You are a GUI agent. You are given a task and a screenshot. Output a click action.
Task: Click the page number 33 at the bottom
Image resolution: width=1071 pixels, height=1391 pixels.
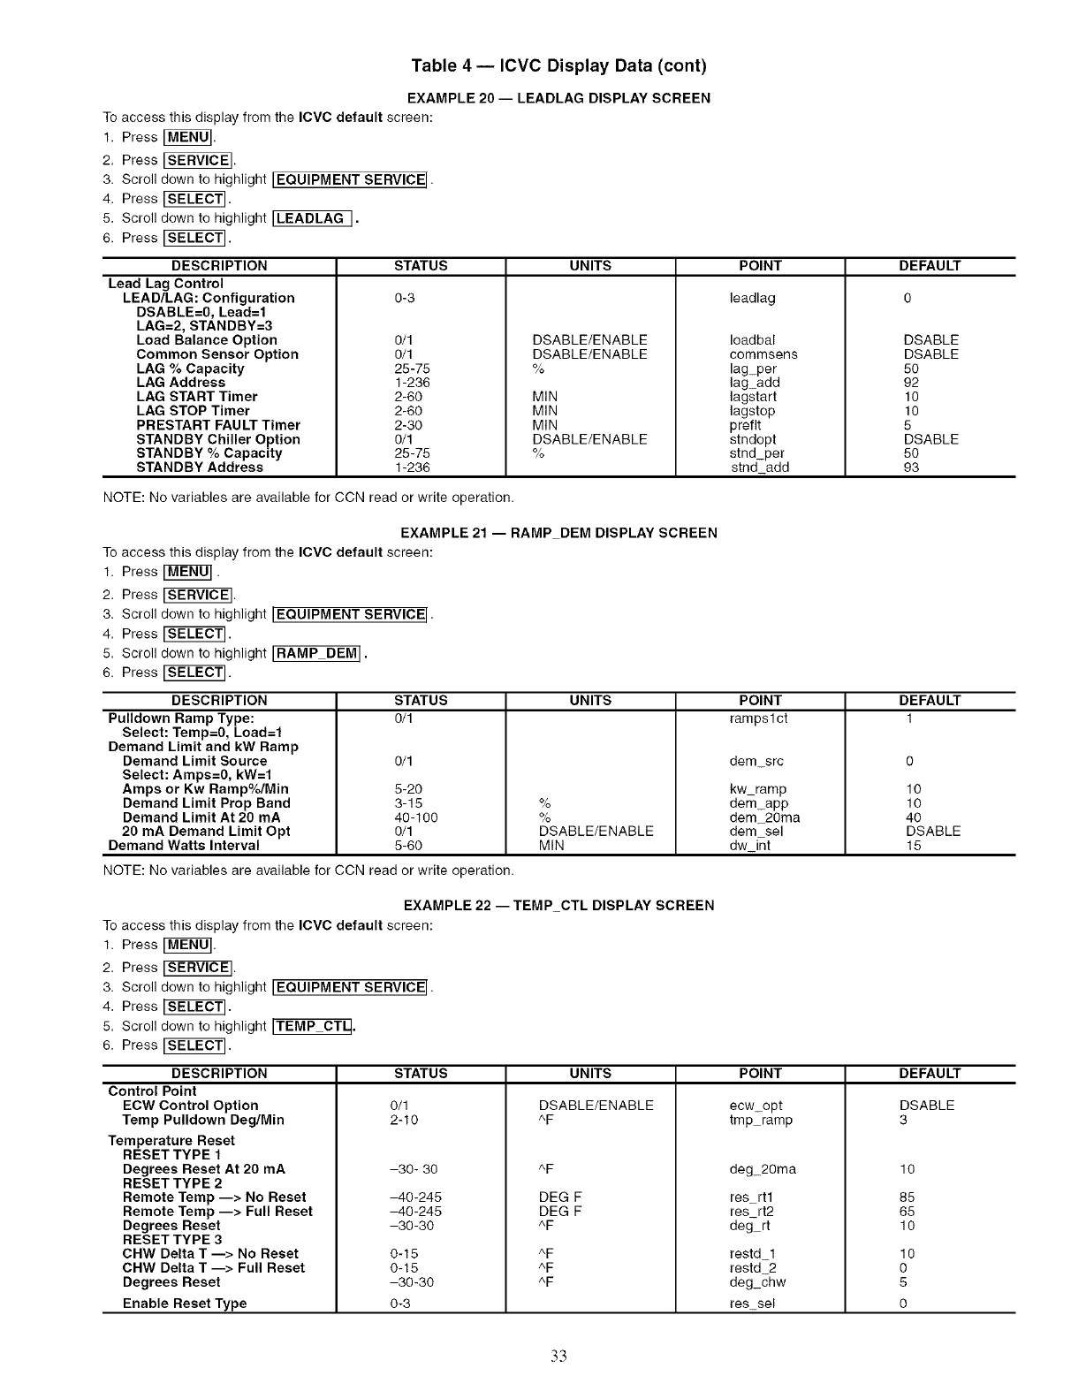[558, 1357]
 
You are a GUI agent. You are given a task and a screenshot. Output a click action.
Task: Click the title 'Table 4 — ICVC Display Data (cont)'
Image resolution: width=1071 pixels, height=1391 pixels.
[558, 66]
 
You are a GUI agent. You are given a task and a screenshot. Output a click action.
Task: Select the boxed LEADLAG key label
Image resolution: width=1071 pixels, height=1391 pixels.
[313, 218]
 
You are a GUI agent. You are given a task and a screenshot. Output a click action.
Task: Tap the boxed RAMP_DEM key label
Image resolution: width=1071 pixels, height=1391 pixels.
[317, 653]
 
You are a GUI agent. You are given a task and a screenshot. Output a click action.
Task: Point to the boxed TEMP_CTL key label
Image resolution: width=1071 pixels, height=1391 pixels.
[313, 1026]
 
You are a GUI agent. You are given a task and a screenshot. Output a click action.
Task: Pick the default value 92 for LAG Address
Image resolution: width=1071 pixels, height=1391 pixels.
[911, 383]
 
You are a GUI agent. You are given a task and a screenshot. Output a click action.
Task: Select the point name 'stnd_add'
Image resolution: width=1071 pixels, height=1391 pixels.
[760, 467]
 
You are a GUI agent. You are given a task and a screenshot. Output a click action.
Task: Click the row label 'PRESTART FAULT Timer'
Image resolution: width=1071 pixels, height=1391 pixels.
[218, 425]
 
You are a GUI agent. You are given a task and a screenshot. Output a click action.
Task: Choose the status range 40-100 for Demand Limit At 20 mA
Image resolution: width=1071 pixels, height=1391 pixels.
[416, 817]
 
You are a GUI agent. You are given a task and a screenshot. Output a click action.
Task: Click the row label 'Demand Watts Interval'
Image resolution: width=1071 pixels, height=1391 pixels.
[184, 846]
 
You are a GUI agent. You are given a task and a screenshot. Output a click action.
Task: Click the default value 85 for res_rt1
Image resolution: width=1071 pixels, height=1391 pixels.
[908, 1197]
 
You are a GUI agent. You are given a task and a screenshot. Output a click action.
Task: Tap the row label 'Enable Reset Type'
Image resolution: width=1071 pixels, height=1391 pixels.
[185, 1304]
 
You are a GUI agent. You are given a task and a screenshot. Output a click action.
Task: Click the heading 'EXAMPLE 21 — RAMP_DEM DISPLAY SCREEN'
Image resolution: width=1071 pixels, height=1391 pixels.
[558, 533]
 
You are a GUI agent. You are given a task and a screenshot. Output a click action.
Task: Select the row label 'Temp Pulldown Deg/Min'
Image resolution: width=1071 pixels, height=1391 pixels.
[203, 1120]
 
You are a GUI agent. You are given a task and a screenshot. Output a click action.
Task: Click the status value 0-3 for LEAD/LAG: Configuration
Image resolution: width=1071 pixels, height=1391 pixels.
[405, 298]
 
